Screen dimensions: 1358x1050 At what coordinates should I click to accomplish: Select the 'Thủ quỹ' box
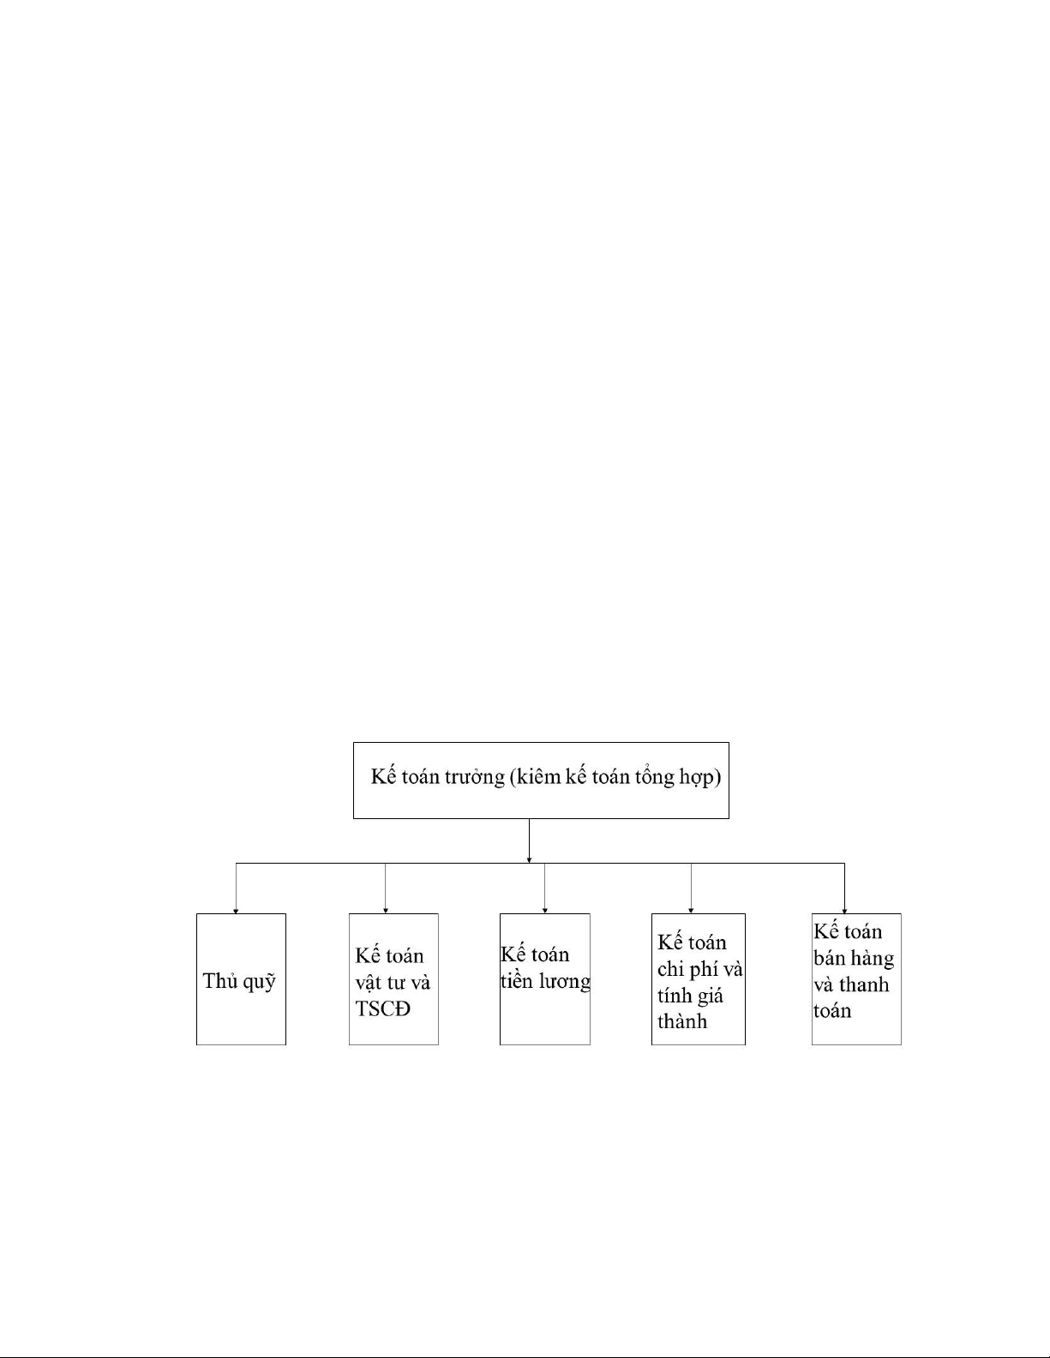(x=240, y=979)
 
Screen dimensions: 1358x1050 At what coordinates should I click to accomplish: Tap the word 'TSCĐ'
(x=383, y=1008)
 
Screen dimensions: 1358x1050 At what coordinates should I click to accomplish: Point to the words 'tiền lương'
(x=545, y=981)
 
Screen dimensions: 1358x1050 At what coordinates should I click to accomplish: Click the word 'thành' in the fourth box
(x=682, y=1021)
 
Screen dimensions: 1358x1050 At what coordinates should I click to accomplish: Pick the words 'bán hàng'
(x=854, y=958)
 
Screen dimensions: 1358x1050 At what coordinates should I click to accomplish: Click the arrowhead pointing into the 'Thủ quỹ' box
(x=236, y=911)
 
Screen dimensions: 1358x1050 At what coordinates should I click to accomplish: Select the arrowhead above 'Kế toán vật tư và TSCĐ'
(x=386, y=910)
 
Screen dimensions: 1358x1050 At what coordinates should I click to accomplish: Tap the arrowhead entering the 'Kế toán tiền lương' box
(x=545, y=910)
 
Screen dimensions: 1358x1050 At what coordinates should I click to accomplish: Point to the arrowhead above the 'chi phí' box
(x=691, y=910)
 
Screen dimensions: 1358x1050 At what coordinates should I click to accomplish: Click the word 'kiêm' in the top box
(x=538, y=778)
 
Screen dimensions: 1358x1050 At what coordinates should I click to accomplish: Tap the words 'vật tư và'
(x=393, y=982)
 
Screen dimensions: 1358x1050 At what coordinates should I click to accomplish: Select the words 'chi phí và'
(x=699, y=969)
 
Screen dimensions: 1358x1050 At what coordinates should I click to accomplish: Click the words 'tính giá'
(x=690, y=996)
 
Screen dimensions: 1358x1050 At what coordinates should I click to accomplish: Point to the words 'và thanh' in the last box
(x=851, y=984)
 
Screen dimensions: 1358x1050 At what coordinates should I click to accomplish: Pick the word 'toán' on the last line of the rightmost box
(x=832, y=1011)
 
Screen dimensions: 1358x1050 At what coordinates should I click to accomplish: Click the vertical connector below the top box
(x=529, y=840)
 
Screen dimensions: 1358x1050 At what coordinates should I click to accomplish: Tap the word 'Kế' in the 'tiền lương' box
(x=513, y=954)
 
